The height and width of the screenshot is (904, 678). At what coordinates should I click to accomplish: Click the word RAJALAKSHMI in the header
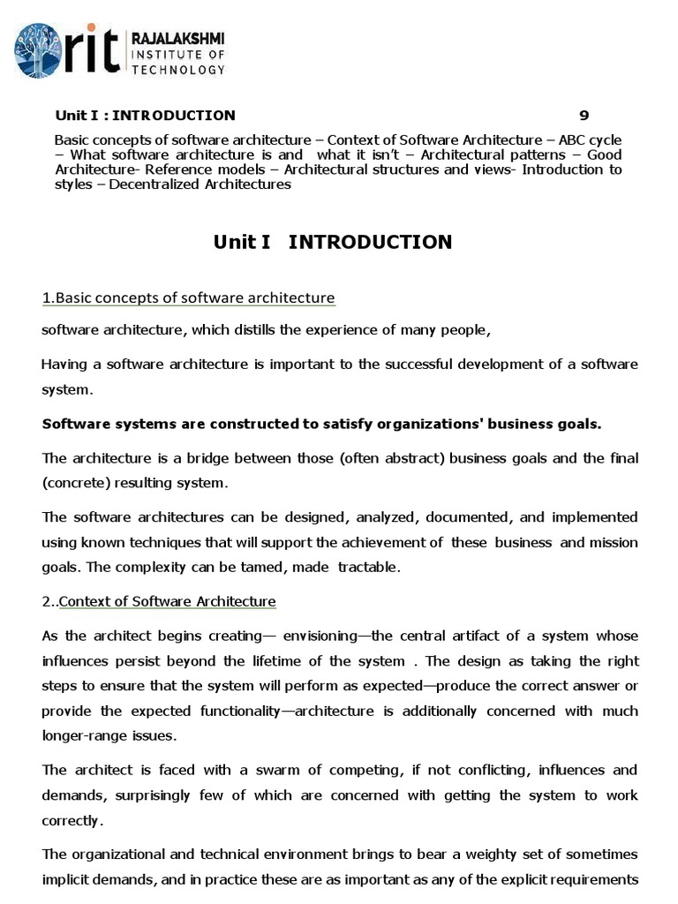point(177,38)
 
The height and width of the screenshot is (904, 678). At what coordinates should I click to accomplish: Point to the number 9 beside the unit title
point(584,115)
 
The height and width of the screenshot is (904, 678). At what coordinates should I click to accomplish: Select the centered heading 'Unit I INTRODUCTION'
point(333,242)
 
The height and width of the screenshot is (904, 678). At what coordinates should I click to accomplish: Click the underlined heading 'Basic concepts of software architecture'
point(189,298)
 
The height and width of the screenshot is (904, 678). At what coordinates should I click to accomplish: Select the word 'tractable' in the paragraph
point(370,567)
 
